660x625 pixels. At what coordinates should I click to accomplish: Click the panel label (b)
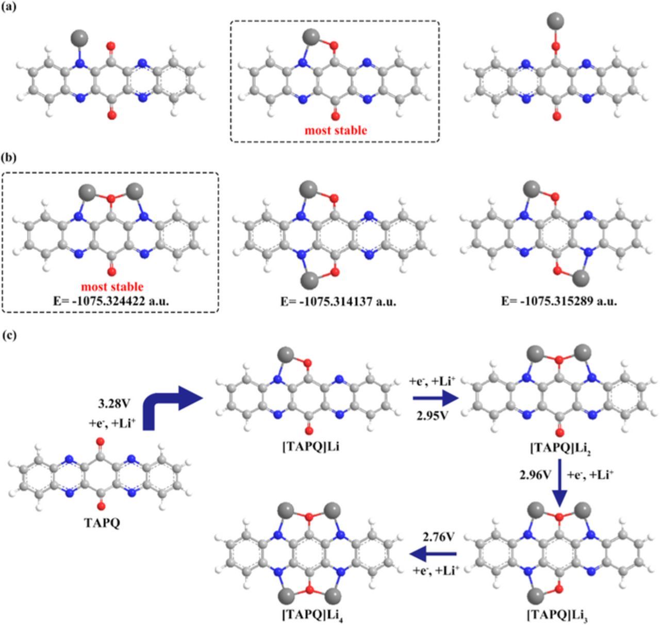point(9,157)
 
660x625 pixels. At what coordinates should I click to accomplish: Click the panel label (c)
point(9,335)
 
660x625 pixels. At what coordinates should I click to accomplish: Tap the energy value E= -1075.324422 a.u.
point(111,300)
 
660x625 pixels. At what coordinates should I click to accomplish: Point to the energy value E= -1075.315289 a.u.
point(559,300)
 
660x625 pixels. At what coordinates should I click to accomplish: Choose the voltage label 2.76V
point(438,537)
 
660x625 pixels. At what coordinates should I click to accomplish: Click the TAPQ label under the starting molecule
point(102,522)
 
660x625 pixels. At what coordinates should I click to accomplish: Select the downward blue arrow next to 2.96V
point(559,482)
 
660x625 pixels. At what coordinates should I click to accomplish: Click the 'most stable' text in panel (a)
point(336,130)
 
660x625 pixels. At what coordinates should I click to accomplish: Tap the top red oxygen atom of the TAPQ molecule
point(101,442)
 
